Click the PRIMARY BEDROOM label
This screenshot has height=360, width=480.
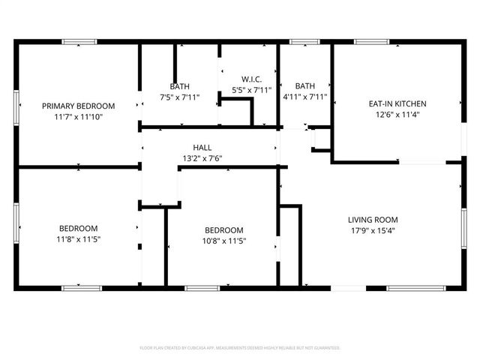[78, 106]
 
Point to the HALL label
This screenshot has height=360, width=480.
[202, 148]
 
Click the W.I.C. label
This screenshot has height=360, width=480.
[250, 79]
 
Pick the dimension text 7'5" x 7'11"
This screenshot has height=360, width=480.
[179, 97]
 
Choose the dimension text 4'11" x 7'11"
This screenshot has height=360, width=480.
[305, 97]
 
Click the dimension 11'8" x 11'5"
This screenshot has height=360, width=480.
[78, 239]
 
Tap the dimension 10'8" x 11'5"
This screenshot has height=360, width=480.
[224, 241]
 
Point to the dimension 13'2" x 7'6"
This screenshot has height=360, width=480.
[202, 158]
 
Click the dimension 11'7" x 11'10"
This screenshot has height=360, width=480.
[78, 117]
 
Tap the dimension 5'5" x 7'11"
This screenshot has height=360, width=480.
[250, 90]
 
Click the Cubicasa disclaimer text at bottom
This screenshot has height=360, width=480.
[240, 348]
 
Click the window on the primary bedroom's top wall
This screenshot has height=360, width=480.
[78, 42]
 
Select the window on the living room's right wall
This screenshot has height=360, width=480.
[464, 225]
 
